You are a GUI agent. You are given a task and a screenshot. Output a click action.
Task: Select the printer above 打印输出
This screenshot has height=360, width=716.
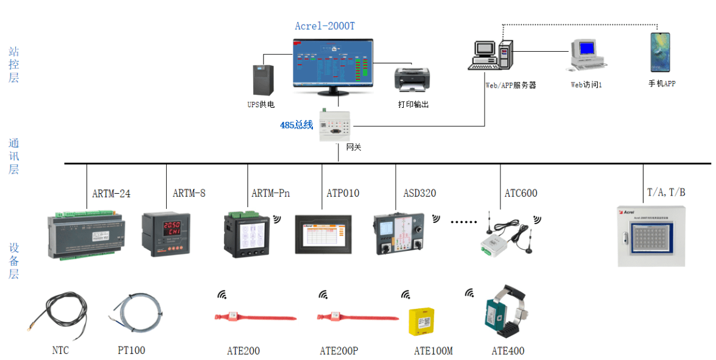412,79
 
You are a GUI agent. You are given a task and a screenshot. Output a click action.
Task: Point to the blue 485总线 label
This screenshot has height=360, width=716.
297,125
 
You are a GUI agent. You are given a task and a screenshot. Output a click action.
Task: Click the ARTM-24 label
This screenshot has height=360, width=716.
111,194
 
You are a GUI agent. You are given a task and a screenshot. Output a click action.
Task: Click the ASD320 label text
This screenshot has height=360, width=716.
419,194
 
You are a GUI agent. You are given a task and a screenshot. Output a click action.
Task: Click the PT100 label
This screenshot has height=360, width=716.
132,351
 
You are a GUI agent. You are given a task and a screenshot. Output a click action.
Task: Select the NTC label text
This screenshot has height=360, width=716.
60,351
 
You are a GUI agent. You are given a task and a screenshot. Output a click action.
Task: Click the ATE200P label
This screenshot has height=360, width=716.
339,351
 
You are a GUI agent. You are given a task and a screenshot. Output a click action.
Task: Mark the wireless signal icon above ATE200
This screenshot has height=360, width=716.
222,295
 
